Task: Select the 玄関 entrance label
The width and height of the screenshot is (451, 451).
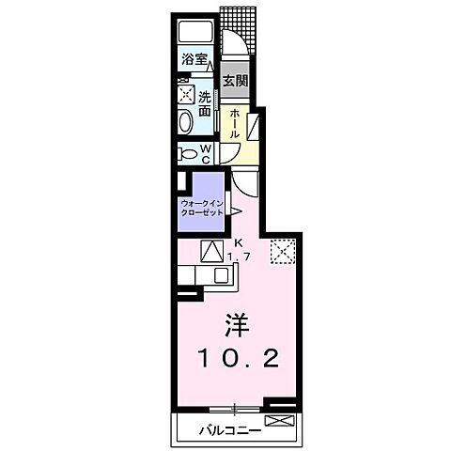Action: pyautogui.click(x=235, y=81)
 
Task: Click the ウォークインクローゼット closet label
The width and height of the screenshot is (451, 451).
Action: pyautogui.click(x=203, y=208)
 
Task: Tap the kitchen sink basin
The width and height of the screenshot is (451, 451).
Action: pyautogui.click(x=223, y=275)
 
